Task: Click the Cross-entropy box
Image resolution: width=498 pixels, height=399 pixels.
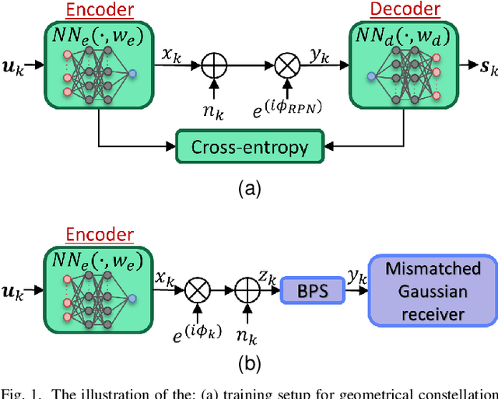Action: pyautogui.click(x=250, y=146)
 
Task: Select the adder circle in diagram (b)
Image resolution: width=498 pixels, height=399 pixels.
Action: pyautogui.click(x=246, y=291)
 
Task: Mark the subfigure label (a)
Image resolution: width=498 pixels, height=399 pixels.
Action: pyautogui.click(x=249, y=187)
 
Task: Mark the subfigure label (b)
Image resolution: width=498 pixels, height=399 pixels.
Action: pyautogui.click(x=249, y=361)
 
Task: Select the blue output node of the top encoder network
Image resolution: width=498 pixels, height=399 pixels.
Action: pyautogui.click(x=132, y=72)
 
